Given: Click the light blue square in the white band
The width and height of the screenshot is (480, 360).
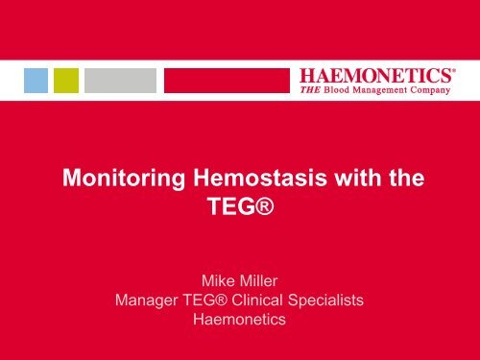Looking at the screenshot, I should tap(36, 80).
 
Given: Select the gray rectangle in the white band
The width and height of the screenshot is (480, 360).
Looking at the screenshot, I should tap(119, 80).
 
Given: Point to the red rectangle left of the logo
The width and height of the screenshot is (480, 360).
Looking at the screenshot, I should tap(226, 80).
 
